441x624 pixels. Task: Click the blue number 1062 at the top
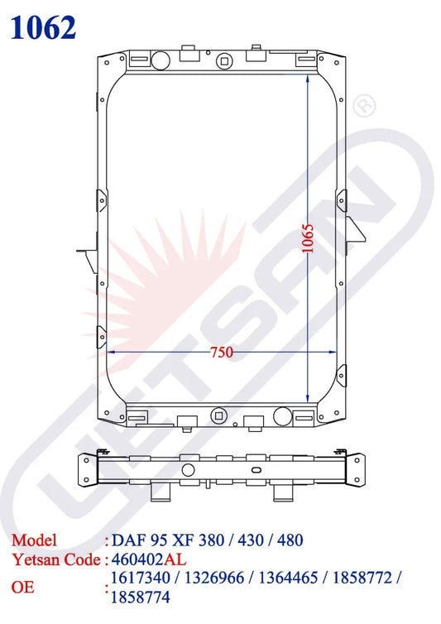[x=43, y=26]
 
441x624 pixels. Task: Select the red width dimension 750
[x=220, y=352]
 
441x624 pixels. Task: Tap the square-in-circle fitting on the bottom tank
[x=218, y=415]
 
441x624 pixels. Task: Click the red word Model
[x=34, y=540]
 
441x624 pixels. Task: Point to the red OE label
[x=22, y=587]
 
